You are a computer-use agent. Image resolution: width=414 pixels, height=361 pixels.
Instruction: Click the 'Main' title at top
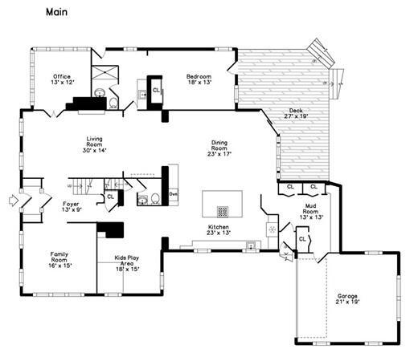(55, 12)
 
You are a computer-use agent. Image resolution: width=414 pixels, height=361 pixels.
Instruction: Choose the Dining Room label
(219, 148)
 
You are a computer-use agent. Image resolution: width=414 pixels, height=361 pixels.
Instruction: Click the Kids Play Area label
(127, 265)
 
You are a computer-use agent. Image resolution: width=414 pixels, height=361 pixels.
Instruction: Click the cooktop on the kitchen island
(222, 212)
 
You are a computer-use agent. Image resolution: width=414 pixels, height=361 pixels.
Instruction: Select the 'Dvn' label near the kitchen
(173, 194)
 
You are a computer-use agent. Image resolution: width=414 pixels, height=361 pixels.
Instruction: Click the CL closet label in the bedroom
(155, 91)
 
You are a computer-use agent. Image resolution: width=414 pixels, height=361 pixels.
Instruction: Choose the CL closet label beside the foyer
(110, 197)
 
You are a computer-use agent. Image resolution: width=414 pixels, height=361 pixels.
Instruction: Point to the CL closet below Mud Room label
(302, 238)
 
